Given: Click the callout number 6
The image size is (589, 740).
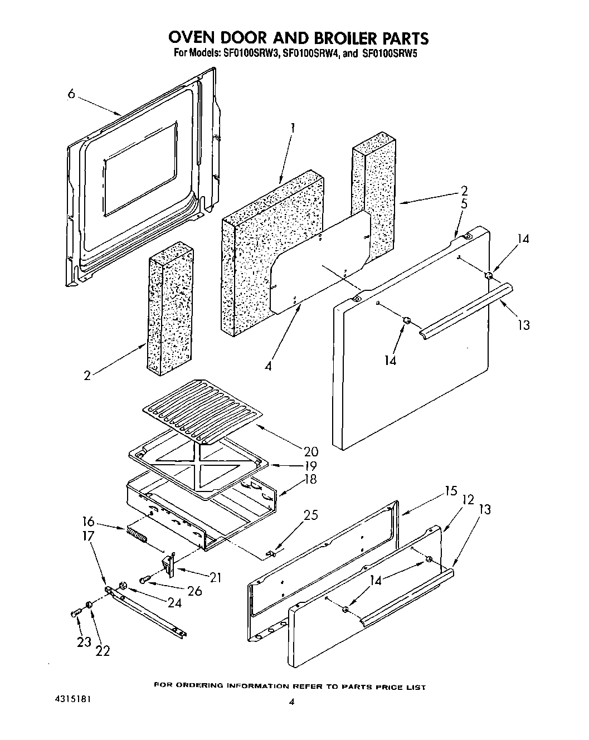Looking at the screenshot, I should click(71, 94).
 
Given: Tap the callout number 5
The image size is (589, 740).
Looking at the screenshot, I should click(464, 204).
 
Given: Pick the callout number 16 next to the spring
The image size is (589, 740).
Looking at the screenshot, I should click(87, 523).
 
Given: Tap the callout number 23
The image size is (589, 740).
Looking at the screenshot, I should click(84, 642).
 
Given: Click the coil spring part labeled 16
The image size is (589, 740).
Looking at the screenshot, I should click(137, 535).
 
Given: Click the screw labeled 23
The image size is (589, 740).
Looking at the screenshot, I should click(76, 613).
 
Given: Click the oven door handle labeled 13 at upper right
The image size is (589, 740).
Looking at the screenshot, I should click(465, 309).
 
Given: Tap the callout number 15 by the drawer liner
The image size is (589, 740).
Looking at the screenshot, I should click(451, 491).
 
